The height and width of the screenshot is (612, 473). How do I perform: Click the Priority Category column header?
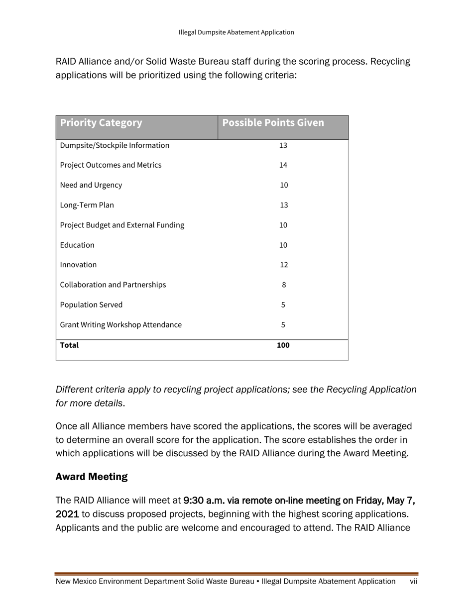point(101,123)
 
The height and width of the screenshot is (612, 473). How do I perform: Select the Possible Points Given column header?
point(273,123)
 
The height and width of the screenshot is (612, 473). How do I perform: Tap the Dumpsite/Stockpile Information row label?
point(115,145)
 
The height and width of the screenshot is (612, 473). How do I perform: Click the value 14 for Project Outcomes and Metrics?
point(283,165)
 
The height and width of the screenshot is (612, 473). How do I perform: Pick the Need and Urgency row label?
point(91,185)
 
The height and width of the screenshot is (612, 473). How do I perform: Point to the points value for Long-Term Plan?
point(283,205)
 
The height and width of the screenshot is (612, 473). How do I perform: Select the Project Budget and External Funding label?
point(122,225)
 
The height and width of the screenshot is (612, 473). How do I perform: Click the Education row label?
point(77,245)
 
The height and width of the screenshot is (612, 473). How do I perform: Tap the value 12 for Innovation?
point(283,265)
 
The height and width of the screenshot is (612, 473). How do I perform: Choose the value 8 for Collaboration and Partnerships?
point(283,285)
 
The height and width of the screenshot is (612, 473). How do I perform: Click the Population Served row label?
point(91,305)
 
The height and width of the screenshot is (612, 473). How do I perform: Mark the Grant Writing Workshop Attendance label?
point(120,325)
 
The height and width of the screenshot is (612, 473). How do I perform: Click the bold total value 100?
point(283,345)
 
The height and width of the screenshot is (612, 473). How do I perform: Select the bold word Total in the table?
point(69,345)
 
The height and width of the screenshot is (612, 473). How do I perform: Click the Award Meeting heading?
point(91,477)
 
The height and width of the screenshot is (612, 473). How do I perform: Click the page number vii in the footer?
point(413,581)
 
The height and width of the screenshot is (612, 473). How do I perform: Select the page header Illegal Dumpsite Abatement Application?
point(236,32)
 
